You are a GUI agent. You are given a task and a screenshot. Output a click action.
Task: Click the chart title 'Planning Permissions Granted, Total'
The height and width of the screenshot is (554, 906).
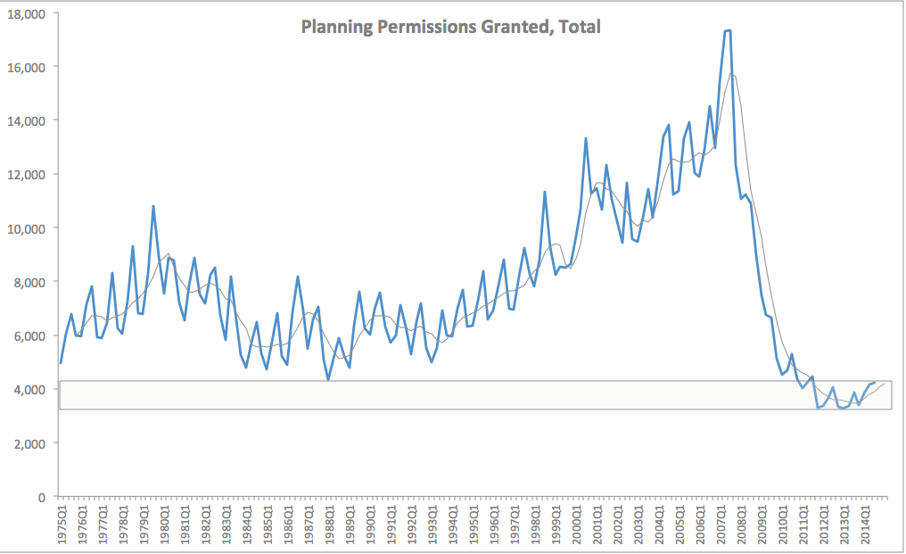[450, 27]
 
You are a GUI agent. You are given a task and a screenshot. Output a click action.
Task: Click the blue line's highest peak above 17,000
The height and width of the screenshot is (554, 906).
[728, 31]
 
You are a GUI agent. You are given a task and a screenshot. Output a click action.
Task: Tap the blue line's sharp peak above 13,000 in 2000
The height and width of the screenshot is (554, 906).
[586, 138]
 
